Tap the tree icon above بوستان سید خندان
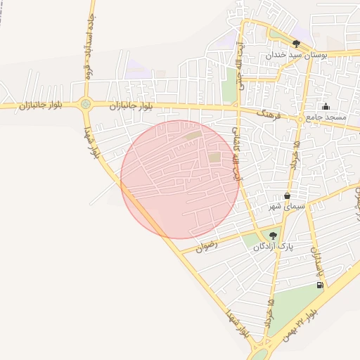pos(296,44)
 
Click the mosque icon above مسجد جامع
pos(326,107)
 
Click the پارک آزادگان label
pos(274,246)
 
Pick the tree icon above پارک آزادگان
pos(273,236)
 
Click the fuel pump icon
pos(321,285)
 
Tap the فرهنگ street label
pos(269,113)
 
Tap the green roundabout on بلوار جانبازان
pos(86,104)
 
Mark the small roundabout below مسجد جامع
pos(300,120)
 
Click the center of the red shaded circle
pos(180,179)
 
